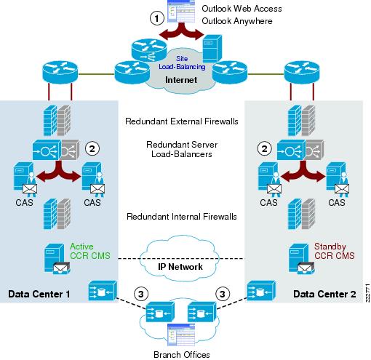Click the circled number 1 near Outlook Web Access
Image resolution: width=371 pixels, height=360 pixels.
pos(157,18)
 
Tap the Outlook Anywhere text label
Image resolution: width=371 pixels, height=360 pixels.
pos(237,21)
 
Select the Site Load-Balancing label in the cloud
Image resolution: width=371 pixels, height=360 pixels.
pos(182,63)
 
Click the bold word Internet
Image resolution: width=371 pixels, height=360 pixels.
pos(181,80)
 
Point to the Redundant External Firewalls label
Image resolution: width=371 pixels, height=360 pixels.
pos(182,121)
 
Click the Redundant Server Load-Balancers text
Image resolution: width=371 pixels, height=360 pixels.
pos(182,149)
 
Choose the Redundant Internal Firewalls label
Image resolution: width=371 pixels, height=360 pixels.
pos(182,217)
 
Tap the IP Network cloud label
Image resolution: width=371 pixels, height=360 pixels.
pos(180,267)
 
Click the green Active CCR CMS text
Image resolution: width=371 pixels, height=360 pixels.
pos(90,251)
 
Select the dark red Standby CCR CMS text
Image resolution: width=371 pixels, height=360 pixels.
pos(335,251)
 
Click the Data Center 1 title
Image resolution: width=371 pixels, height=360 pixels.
pos(39,294)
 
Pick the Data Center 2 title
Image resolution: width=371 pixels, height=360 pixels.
pos(324,294)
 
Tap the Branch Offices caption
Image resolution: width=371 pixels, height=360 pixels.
pos(182,355)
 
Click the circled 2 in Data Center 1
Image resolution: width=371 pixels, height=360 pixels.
pos(92,148)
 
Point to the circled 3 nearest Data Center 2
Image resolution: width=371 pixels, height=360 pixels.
pos(223,294)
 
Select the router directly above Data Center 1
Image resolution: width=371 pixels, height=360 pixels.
pos(60,72)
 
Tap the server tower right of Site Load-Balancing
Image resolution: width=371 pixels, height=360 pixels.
pos(212,49)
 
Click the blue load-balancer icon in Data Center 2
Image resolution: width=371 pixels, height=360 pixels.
pos(290,151)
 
